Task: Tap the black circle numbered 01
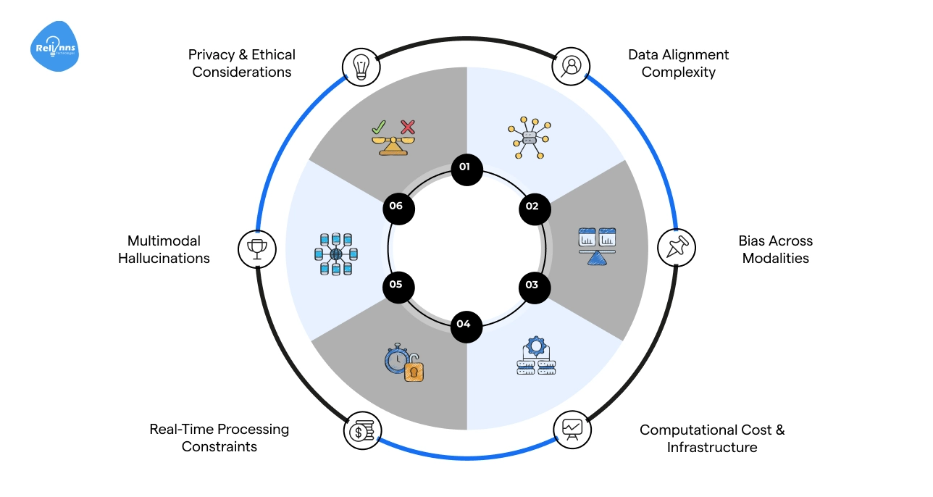tap(464, 167)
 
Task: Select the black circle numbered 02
tap(533, 206)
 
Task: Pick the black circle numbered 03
tap(533, 285)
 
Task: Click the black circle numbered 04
tap(464, 324)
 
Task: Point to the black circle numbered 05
tap(396, 285)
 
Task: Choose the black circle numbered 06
tap(396, 206)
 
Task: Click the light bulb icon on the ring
tap(361, 66)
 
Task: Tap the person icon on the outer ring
tap(571, 66)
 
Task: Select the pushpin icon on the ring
tap(676, 248)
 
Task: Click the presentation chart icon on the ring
tap(572, 429)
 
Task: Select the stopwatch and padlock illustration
tap(404, 363)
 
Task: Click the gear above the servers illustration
tap(536, 346)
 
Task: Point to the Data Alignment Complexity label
tap(678, 64)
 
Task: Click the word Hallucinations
tap(164, 259)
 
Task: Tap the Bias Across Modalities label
tap(775, 249)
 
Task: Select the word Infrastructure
tap(711, 448)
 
